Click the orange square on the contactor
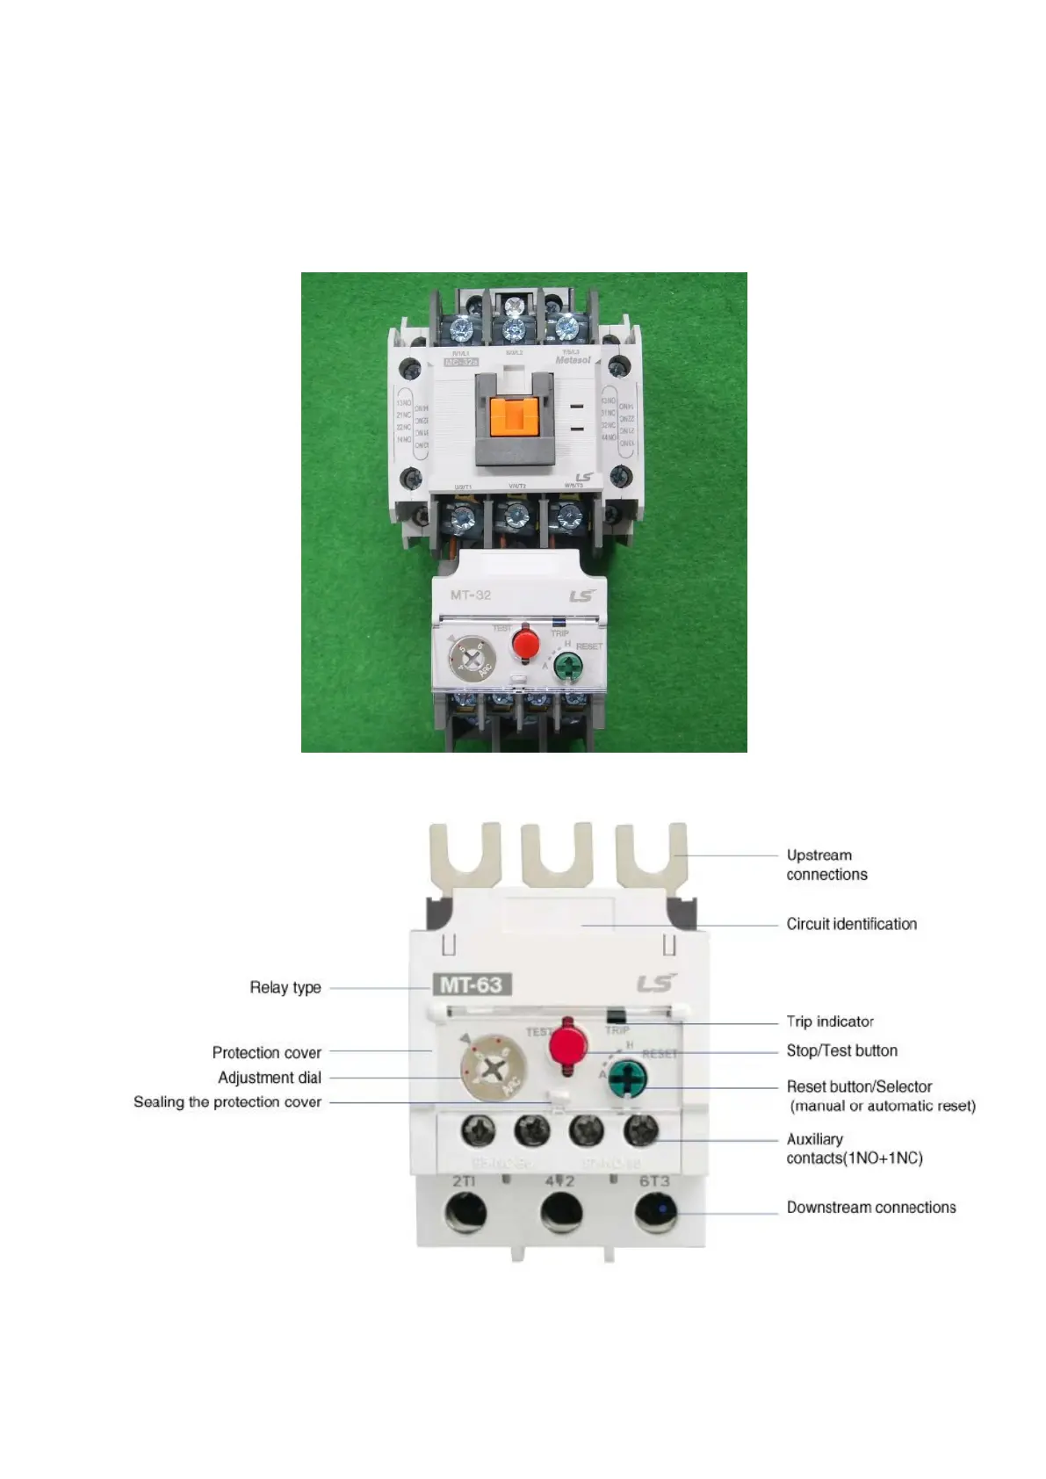pyautogui.click(x=514, y=415)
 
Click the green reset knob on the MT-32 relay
pyautogui.click(x=568, y=668)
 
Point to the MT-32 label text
pyautogui.click(x=471, y=595)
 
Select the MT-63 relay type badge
pyautogui.click(x=472, y=985)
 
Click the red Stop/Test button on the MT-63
pyautogui.click(x=567, y=1045)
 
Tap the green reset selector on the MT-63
pyautogui.click(x=628, y=1078)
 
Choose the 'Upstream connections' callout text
pyautogui.click(x=826, y=865)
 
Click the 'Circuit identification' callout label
pyautogui.click(x=851, y=924)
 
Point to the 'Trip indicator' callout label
pyautogui.click(x=830, y=1021)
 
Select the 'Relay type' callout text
pyautogui.click(x=285, y=987)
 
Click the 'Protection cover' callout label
pyautogui.click(x=266, y=1052)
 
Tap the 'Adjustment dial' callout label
pyautogui.click(x=270, y=1078)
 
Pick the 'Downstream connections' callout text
pyautogui.click(x=871, y=1208)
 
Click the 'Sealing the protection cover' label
pyautogui.click(x=227, y=1102)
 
